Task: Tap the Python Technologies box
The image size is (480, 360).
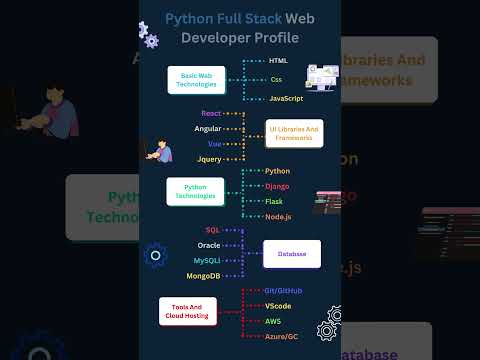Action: click(x=194, y=192)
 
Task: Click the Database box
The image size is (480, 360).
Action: click(x=292, y=254)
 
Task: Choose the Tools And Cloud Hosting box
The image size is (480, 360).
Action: click(x=187, y=312)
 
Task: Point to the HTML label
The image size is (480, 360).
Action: click(x=279, y=61)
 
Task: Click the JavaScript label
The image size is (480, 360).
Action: click(x=286, y=98)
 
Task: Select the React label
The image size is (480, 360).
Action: click(x=210, y=115)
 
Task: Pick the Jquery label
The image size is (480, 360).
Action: click(x=208, y=158)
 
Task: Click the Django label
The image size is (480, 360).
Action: click(x=279, y=185)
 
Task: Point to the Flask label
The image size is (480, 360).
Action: click(x=276, y=200)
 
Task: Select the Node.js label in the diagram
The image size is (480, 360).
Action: click(x=280, y=215)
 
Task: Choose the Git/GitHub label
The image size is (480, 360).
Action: click(x=283, y=290)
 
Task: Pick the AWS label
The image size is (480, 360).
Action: click(x=273, y=320)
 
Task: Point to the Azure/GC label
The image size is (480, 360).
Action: click(x=282, y=336)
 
